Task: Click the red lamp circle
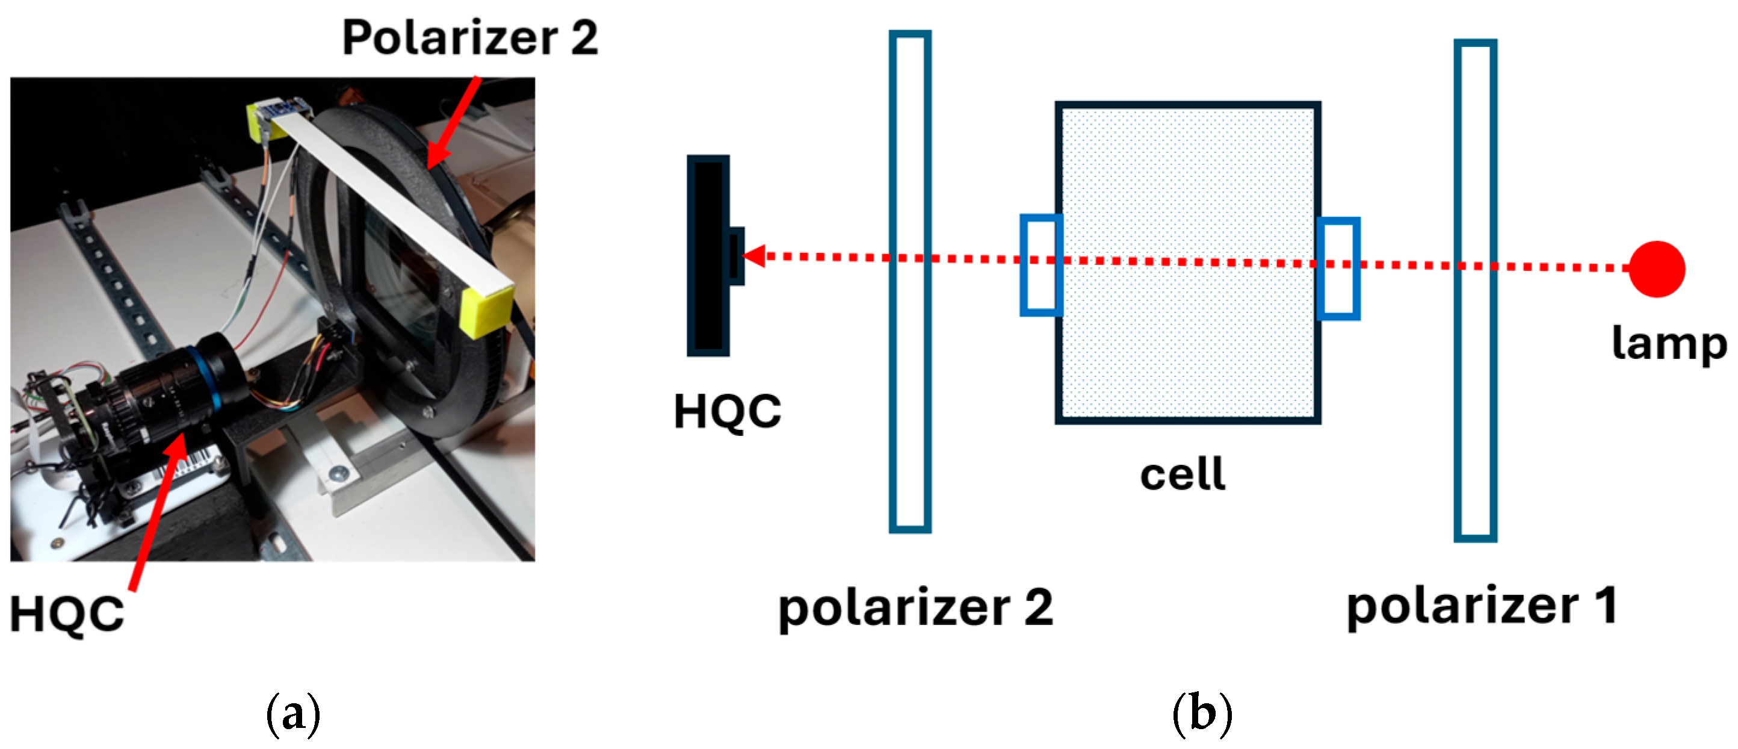coord(1656,269)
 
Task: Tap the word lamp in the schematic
coord(1669,344)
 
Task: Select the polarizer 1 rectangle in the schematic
coord(1475,290)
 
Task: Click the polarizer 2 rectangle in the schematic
coord(910,282)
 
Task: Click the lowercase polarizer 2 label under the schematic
coord(915,609)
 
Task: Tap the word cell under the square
coord(1183,474)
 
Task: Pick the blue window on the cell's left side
coord(1041,264)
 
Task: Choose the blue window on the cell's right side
coord(1338,268)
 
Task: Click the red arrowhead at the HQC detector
coord(754,256)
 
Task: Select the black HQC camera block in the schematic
coord(708,256)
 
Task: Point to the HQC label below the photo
coord(67,614)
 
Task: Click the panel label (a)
coord(293,714)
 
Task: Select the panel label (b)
coord(1202,714)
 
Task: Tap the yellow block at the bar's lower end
coord(486,311)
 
